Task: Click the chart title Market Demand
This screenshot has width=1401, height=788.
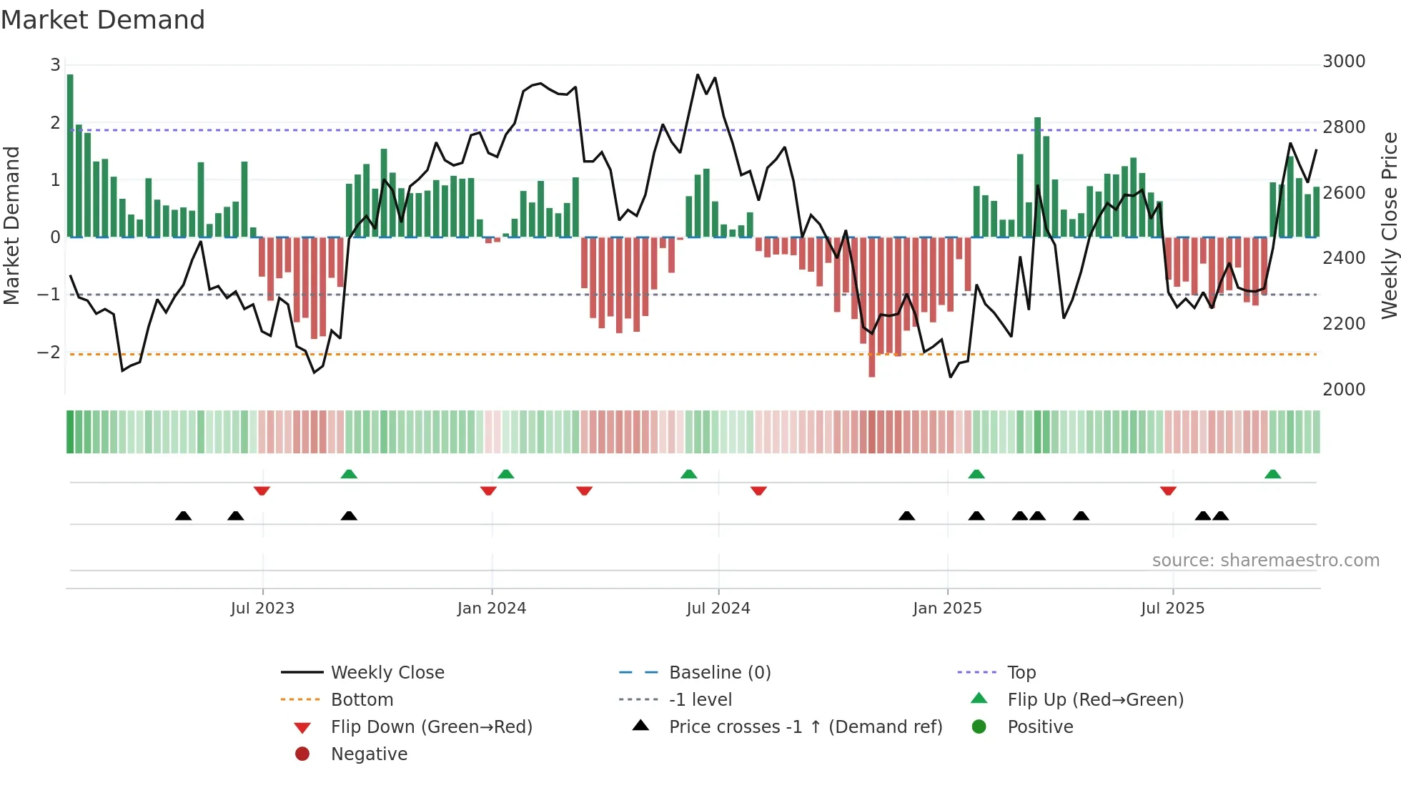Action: coord(103,19)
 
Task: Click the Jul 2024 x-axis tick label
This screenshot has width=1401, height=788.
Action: coord(718,609)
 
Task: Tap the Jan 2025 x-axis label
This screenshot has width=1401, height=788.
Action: coord(947,609)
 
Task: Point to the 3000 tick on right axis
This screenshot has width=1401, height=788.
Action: coord(1343,61)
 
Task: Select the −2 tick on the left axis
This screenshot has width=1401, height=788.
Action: coord(49,353)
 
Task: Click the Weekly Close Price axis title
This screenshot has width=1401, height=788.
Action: coord(1389,225)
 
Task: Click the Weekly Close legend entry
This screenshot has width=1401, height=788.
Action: coord(387,673)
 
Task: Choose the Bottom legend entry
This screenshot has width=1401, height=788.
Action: coord(362,700)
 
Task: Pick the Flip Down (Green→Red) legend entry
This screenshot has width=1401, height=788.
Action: coord(431,727)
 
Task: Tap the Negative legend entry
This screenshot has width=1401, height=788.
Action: coord(369,754)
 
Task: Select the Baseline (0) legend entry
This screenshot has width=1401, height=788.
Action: coord(719,673)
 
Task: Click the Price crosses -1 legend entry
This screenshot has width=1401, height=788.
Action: coord(805,727)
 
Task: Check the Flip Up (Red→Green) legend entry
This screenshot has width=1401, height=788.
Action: coord(1095,700)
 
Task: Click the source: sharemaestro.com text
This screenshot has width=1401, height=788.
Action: coord(1265,561)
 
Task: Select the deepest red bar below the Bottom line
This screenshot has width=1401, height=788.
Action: coord(871,307)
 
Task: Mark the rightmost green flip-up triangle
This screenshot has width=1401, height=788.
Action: coord(1272,474)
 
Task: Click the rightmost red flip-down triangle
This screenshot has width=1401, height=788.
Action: coord(1168,491)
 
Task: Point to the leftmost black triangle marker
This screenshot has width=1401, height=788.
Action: coord(183,516)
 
